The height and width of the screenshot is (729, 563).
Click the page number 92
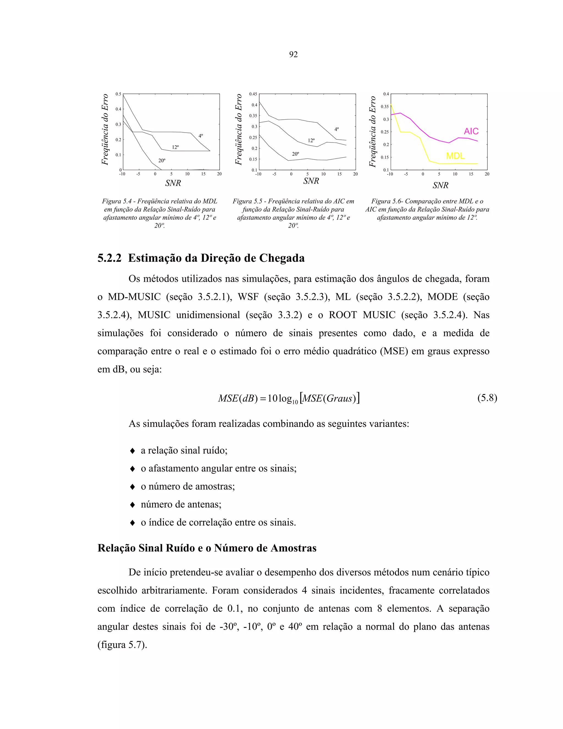pos(293,54)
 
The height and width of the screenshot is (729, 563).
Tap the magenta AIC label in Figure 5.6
pos(471,131)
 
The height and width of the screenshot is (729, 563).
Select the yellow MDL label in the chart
pos(455,156)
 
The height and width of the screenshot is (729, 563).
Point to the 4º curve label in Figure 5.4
pos(201,136)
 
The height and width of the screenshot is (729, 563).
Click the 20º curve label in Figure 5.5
pos(295,154)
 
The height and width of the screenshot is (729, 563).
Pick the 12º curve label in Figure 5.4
pos(175,147)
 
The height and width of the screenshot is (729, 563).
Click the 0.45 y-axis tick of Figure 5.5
pos(253,94)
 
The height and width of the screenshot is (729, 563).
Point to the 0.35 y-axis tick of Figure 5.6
pos(385,107)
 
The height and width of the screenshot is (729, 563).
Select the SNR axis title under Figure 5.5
pos(311,181)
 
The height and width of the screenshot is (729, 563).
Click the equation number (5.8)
pos(487,398)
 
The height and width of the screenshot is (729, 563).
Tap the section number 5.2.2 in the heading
pos(109,258)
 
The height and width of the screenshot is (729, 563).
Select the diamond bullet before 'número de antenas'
pos(133,504)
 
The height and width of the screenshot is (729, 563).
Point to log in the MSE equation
pos(285,399)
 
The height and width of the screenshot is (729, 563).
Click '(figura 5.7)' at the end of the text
pos(122,645)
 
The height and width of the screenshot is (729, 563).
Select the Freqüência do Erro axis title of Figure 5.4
pos(105,130)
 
